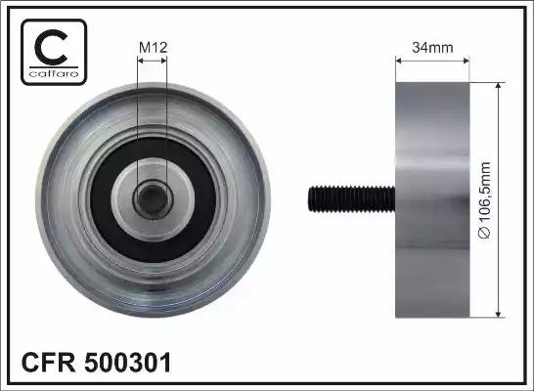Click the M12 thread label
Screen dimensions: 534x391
click(154, 47)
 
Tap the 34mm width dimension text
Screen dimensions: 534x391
click(432, 47)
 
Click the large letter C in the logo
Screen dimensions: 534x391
click(51, 47)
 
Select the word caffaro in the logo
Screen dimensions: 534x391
click(54, 73)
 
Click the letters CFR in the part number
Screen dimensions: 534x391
click(48, 363)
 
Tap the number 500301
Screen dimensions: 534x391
click(128, 363)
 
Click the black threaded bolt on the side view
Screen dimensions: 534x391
click(352, 199)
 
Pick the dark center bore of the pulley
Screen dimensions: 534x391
click(153, 199)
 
